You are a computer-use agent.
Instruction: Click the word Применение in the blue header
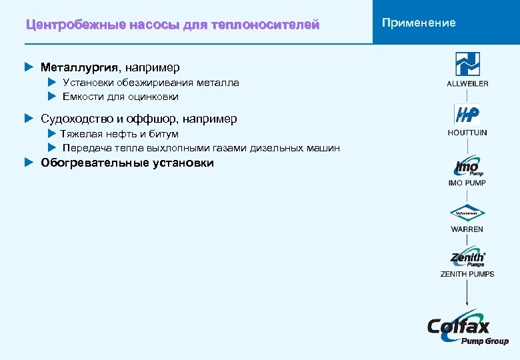[x=419, y=23]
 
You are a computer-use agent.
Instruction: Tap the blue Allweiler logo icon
[x=467, y=64]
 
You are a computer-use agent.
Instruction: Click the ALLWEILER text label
[x=467, y=83]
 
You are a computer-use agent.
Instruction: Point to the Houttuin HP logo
[x=467, y=115]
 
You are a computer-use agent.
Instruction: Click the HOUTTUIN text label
[x=467, y=133]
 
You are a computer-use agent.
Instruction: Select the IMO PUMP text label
[x=467, y=183]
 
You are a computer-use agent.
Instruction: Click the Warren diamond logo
[x=467, y=214]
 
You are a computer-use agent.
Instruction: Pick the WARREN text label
[x=467, y=229]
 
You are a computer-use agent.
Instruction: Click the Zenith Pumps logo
[x=467, y=259]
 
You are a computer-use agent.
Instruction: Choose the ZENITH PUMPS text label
[x=467, y=274]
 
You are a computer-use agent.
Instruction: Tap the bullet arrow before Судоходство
[x=29, y=119]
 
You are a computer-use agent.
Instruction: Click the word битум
[x=165, y=134]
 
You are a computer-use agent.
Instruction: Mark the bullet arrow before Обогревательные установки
[x=29, y=162]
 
